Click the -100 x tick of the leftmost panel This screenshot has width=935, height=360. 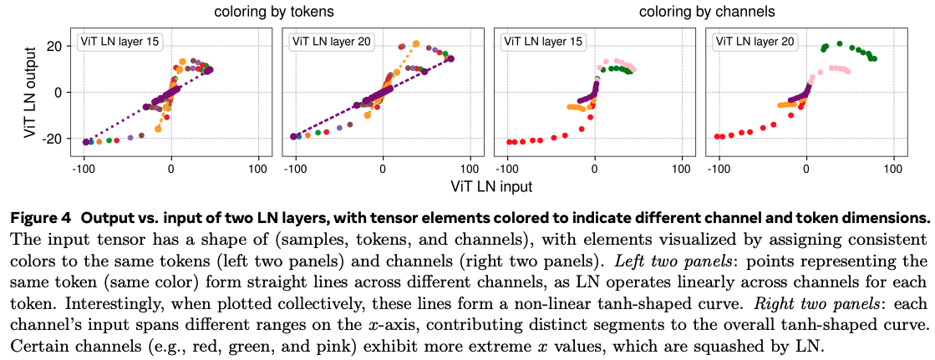83,168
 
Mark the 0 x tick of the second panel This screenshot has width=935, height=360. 384,168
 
